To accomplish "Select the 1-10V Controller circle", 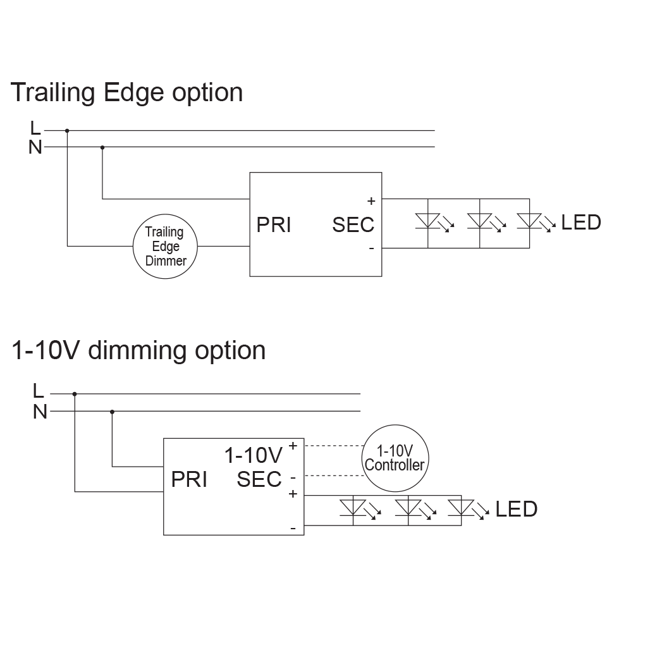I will coord(395,459).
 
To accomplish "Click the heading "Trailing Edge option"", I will coord(127,92).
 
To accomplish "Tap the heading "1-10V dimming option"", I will coord(138,350).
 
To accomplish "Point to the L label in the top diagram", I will coord(35,128).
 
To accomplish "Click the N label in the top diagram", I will coord(35,147).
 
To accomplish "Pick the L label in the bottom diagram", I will coord(39,391).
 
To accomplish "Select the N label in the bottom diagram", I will coord(40,412).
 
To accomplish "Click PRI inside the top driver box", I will coord(274,225).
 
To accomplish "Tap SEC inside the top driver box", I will coord(353,225).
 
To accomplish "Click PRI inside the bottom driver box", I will coord(189,480).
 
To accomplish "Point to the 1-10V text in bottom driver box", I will coord(253,455).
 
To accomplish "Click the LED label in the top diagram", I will coord(581,223).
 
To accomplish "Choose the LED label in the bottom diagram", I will coord(516,509).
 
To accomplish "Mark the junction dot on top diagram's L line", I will coord(67,131).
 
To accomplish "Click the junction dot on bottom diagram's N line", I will coord(112,412).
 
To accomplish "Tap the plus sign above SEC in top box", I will coord(371,201).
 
